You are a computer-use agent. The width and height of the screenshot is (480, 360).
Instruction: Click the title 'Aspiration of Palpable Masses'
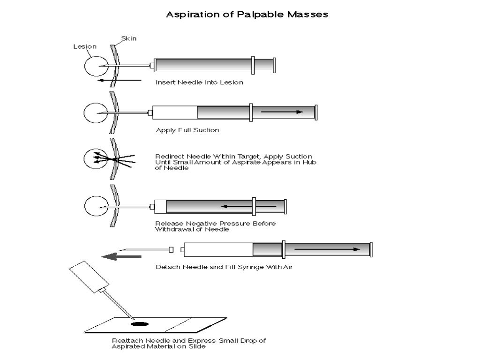pos(247,15)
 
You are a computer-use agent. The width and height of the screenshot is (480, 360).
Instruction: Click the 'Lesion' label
pos(85,46)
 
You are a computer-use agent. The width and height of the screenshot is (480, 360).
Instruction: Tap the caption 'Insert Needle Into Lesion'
pos(199,82)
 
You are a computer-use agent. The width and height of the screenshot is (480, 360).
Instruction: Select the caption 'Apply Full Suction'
pos(187,130)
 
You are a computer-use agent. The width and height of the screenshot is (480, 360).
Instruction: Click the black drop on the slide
pos(139,323)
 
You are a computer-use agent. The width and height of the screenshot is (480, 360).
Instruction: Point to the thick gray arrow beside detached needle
pos(122,256)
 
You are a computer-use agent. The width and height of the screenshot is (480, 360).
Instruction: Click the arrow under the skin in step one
pos(117,80)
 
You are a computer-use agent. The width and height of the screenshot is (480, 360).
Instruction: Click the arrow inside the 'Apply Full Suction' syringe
pos(282,112)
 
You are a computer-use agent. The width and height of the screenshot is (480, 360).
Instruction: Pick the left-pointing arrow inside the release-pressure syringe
pos(248,206)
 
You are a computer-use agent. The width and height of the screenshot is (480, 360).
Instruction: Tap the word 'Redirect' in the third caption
pos(169,157)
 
